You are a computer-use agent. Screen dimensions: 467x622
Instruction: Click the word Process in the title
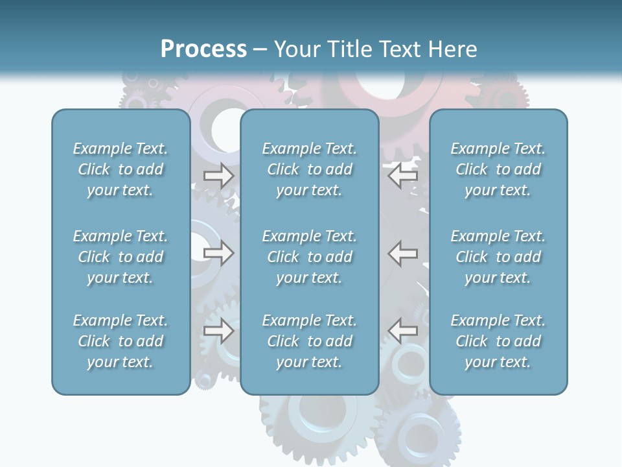tap(203, 49)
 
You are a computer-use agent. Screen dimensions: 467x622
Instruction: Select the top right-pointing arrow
tap(219, 175)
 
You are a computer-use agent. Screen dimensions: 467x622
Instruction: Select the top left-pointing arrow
tap(402, 175)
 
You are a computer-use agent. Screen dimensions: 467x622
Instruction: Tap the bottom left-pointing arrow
tap(402, 331)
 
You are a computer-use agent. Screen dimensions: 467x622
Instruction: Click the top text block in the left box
tap(121, 169)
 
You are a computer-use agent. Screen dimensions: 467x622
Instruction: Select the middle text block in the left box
tap(121, 257)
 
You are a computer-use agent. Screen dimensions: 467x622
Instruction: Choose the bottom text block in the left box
tap(121, 341)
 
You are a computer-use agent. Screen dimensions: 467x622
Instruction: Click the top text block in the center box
tap(309, 169)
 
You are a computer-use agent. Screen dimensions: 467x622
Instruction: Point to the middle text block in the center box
tap(309, 257)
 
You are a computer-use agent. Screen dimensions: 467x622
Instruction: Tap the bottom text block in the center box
tap(309, 341)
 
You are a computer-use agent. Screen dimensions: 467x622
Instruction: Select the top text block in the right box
tap(498, 169)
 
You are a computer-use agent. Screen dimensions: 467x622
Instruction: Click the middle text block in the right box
tap(498, 257)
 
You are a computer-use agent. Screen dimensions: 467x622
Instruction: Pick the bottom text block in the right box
tap(498, 341)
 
